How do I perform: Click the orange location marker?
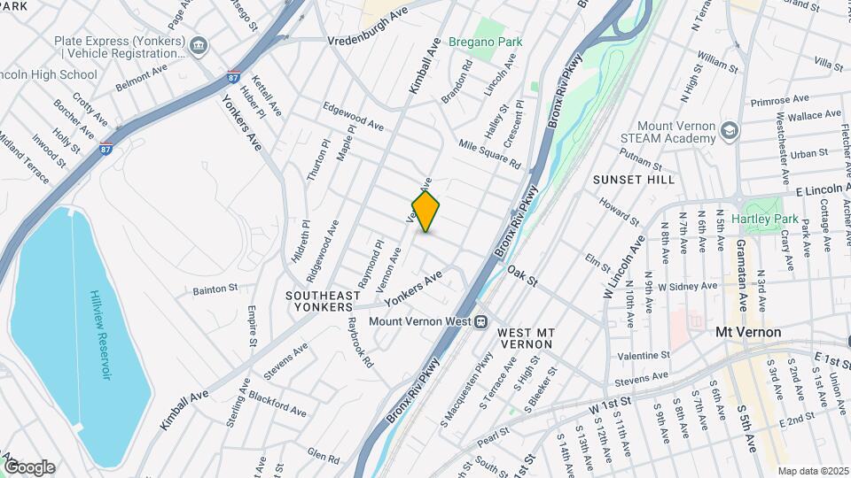click(426, 211)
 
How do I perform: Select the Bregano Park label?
click(485, 42)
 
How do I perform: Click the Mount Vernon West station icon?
click(481, 322)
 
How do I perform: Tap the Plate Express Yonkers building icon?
click(199, 45)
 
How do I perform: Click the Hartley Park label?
click(773, 220)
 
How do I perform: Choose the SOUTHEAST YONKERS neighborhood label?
click(323, 301)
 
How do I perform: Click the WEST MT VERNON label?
click(526, 338)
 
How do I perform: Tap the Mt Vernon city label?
click(748, 332)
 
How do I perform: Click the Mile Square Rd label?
click(489, 153)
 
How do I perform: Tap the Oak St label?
click(523, 274)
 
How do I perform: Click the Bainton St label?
click(215, 289)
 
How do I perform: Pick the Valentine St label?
click(643, 355)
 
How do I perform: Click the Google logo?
click(29, 467)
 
